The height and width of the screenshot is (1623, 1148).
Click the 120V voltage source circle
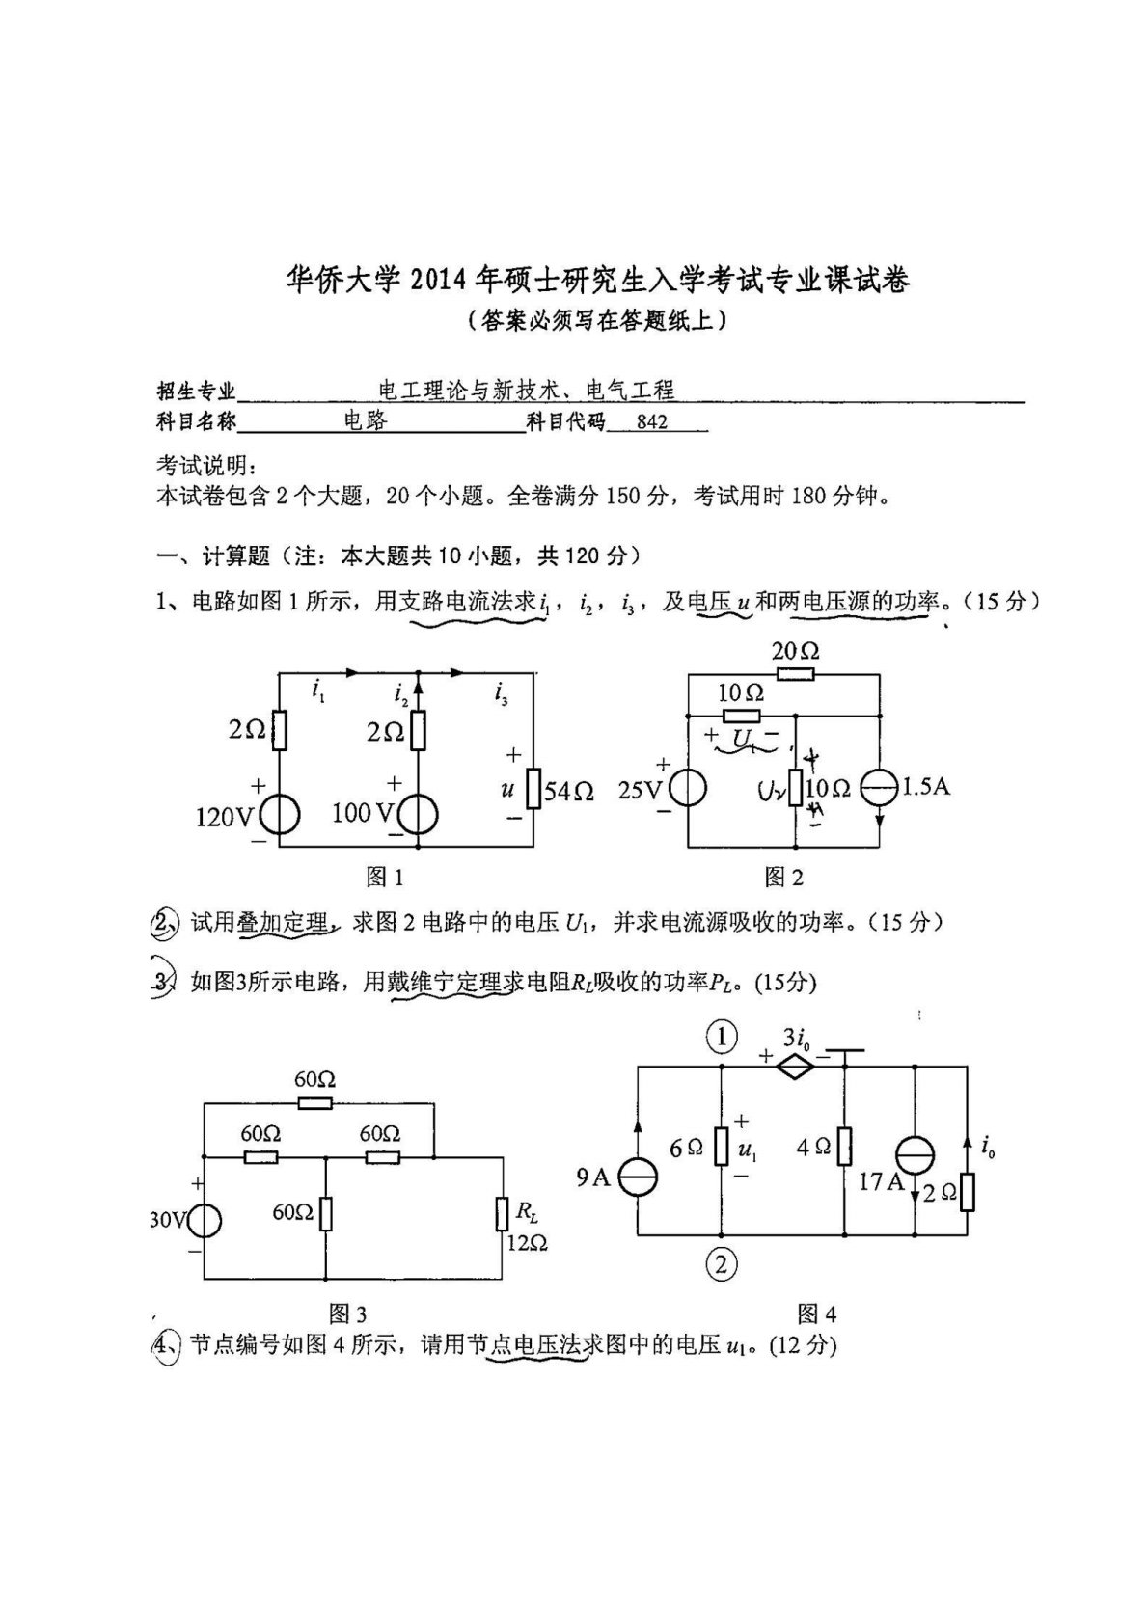tap(279, 816)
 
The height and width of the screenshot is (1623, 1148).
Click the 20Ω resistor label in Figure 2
tap(795, 651)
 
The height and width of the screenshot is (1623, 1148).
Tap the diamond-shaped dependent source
tap(793, 1065)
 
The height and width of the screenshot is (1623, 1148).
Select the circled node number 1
tap(722, 1038)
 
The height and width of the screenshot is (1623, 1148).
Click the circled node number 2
tap(722, 1262)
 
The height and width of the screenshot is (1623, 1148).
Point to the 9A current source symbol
tap(638, 1177)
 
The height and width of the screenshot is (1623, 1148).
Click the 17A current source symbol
tap(913, 1154)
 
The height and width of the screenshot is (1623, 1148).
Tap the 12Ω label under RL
tap(526, 1243)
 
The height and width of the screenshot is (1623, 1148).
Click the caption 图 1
tap(384, 877)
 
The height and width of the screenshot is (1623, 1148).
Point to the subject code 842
tap(652, 421)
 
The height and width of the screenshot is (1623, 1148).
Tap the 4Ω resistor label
tap(812, 1148)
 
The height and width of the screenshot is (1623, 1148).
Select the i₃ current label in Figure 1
tap(500, 692)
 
